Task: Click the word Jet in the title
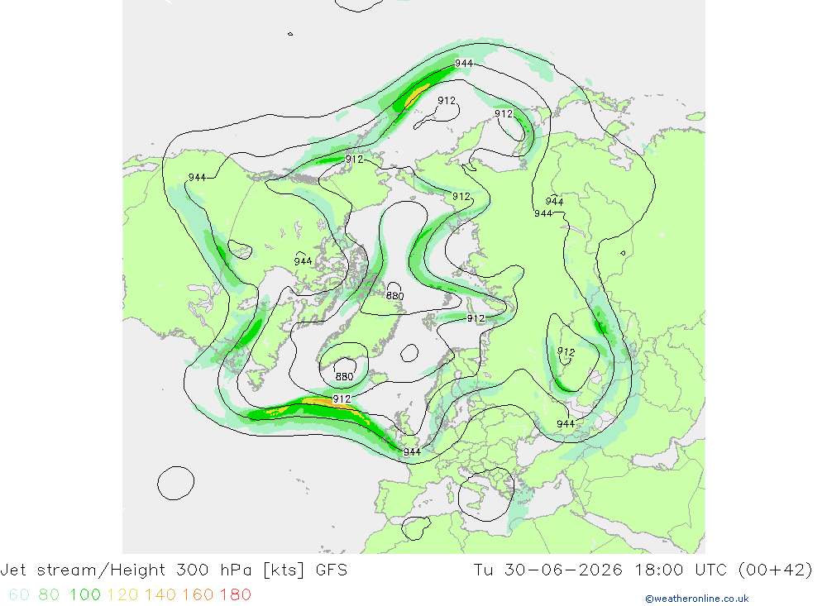(14, 570)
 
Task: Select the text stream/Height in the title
(101, 570)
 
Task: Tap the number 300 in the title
(193, 570)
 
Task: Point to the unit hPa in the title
(236, 570)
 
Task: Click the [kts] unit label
(284, 570)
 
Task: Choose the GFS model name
(332, 570)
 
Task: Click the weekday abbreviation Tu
(484, 570)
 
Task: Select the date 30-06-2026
(563, 570)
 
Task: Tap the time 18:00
(658, 570)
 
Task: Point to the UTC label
(710, 570)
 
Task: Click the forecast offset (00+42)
(776, 570)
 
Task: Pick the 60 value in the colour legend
(19, 595)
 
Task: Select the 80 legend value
(49, 595)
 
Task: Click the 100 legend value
(85, 595)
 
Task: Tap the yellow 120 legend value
(122, 595)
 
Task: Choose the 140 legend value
(160, 595)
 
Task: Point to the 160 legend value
(198, 595)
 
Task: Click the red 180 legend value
(235, 595)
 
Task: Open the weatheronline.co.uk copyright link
(696, 599)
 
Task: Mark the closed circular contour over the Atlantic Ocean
(158, 483)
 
